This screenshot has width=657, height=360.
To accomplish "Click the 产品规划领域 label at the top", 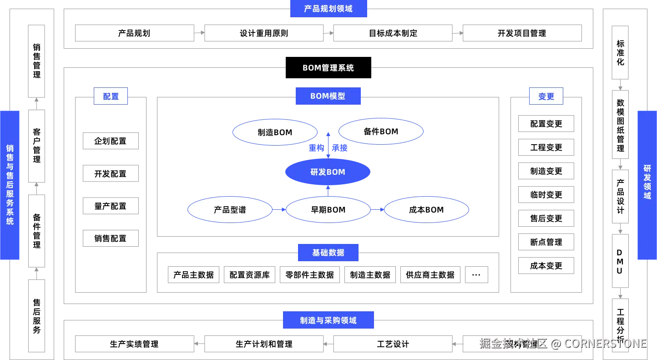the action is point(328,9).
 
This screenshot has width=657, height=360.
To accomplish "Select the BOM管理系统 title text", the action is point(328,68).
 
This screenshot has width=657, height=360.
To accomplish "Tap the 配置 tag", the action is point(111,96).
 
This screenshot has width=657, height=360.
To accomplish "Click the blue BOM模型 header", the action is point(328,96).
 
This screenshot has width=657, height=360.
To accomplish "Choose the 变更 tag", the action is point(546,96).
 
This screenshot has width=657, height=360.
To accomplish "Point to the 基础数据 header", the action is point(328,253).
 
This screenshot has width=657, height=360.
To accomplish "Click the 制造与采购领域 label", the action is point(328,320).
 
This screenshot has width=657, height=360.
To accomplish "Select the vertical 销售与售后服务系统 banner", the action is point(10,185).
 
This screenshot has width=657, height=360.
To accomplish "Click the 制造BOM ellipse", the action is point(275,132).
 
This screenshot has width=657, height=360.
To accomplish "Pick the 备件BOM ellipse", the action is point(381,132).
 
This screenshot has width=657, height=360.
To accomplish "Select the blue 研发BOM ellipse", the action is point(328,172).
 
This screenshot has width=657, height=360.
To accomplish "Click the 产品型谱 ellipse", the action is point(230,210).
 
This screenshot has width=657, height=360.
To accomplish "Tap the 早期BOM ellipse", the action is point(328,210).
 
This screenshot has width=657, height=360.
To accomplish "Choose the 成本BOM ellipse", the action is point(426,210).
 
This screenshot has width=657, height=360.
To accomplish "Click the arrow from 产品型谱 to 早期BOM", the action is point(279,210).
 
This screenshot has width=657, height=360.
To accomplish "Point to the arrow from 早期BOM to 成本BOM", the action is point(377,210).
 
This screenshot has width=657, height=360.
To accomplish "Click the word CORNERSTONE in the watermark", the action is point(605,343).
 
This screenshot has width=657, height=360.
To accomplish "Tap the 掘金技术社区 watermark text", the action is point(513,343).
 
